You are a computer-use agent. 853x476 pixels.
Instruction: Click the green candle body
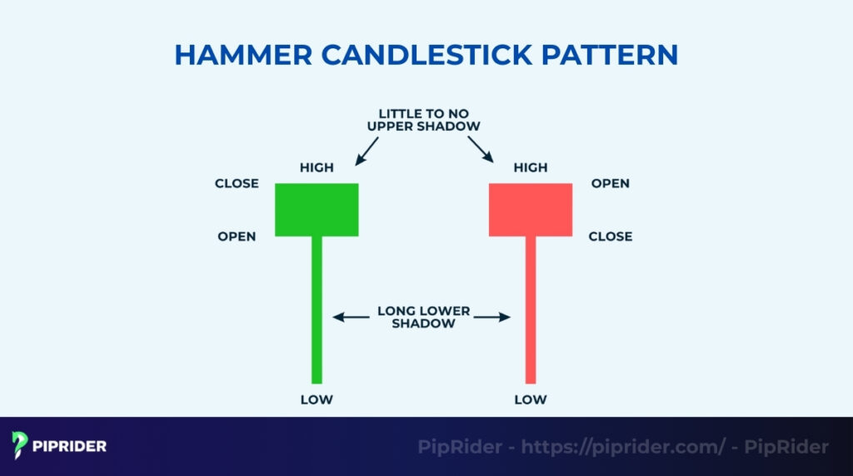317,210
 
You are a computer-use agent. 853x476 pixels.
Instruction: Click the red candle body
531,210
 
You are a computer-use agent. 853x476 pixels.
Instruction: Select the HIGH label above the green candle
317,167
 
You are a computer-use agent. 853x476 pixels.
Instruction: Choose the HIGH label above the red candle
531,167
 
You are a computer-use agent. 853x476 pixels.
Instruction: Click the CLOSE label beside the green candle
237,183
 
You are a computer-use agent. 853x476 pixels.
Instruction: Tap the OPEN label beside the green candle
237,236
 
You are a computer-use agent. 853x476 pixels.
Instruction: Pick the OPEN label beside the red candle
610,183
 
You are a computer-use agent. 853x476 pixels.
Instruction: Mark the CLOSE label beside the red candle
610,236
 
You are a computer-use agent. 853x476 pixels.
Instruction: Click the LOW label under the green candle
317,399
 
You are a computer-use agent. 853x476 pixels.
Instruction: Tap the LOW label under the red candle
531,399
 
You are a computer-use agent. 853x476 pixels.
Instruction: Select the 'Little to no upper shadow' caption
423,119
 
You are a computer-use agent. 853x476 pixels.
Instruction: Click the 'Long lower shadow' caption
423,317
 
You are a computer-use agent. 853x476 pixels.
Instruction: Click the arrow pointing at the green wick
349,317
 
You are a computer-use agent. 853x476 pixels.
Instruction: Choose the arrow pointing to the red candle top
481,151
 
